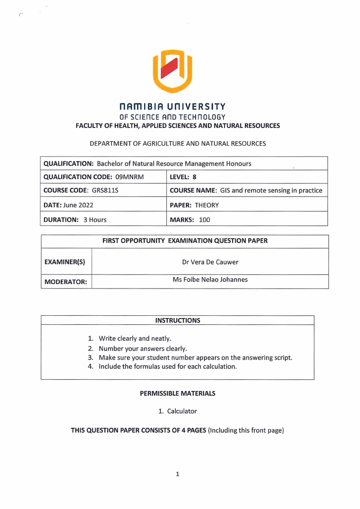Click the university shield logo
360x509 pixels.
(172, 71)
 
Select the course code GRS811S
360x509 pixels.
(103, 191)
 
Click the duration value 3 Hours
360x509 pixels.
(94, 220)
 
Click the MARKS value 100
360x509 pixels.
(204, 220)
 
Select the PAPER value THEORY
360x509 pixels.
(207, 205)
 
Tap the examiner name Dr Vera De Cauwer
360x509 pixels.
(210, 262)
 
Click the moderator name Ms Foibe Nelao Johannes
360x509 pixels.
(210, 279)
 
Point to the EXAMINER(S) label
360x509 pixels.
(64, 262)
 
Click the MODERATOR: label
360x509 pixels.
(65, 282)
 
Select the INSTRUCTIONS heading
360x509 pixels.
(177, 320)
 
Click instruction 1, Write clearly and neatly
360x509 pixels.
(135, 338)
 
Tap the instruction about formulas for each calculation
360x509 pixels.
(167, 366)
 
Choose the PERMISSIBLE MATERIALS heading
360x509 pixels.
(177, 393)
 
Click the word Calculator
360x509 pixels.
(182, 411)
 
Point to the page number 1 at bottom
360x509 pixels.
(177, 474)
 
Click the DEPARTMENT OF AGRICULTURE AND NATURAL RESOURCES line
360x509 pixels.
(177, 143)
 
